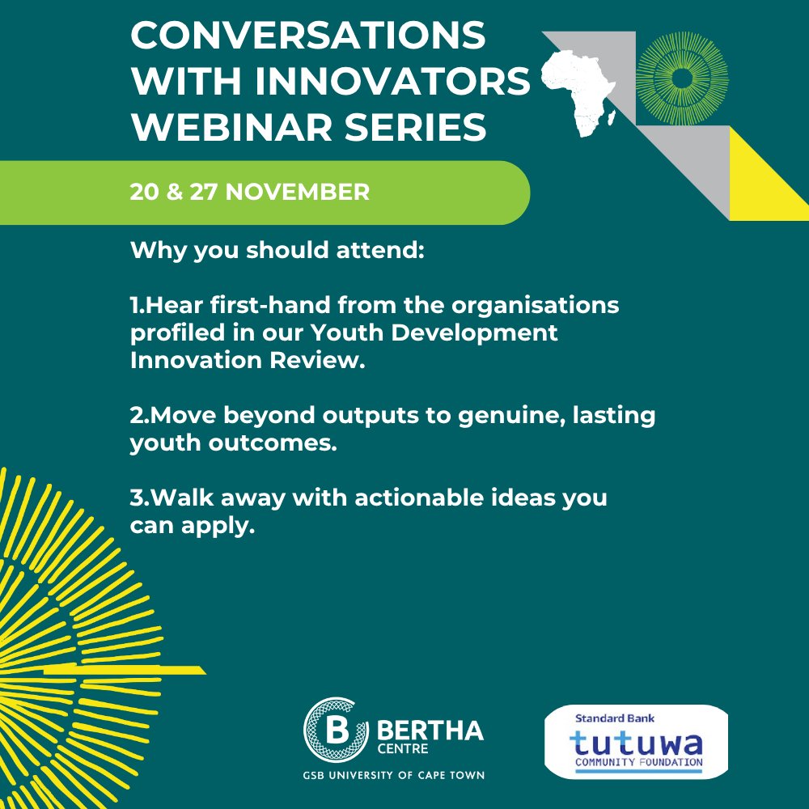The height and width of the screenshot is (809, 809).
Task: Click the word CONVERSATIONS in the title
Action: point(307,36)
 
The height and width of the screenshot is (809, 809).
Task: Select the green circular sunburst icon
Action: point(682,78)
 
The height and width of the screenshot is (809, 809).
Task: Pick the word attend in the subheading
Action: point(380,251)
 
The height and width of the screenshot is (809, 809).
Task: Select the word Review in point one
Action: point(321,361)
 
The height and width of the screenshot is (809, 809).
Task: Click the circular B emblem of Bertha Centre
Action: point(330,731)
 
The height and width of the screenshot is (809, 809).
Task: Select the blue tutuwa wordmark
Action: point(636,743)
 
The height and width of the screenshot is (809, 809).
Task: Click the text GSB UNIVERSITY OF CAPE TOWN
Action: point(393,776)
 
